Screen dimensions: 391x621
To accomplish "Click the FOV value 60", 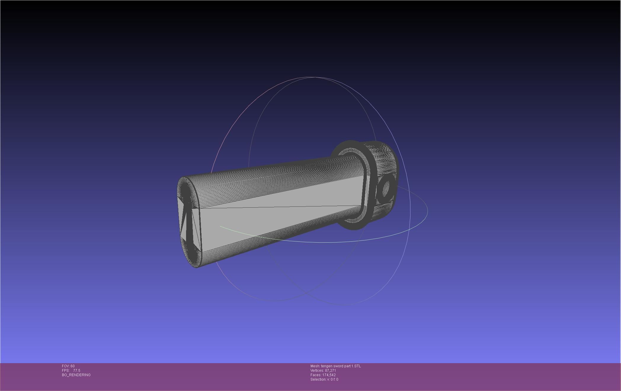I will tap(73, 366).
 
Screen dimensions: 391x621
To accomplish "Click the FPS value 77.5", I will tap(77, 371).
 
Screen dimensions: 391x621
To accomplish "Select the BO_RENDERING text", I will tap(76, 375).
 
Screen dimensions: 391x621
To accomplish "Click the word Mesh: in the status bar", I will tap(315, 366).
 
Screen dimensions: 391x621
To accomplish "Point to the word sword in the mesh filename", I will tap(338, 366).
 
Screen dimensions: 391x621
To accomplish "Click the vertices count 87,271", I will tap(330, 371).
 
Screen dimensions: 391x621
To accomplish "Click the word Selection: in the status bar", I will tap(318, 379).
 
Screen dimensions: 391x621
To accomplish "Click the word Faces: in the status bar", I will tap(316, 375).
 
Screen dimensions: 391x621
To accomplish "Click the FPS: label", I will tap(65, 371).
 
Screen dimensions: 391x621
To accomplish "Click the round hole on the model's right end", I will tap(386, 188).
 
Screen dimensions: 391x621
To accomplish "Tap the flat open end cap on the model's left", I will tap(188, 222).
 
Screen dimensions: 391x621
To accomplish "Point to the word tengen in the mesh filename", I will tap(327, 366).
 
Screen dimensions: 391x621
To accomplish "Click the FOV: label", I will tap(66, 366).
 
